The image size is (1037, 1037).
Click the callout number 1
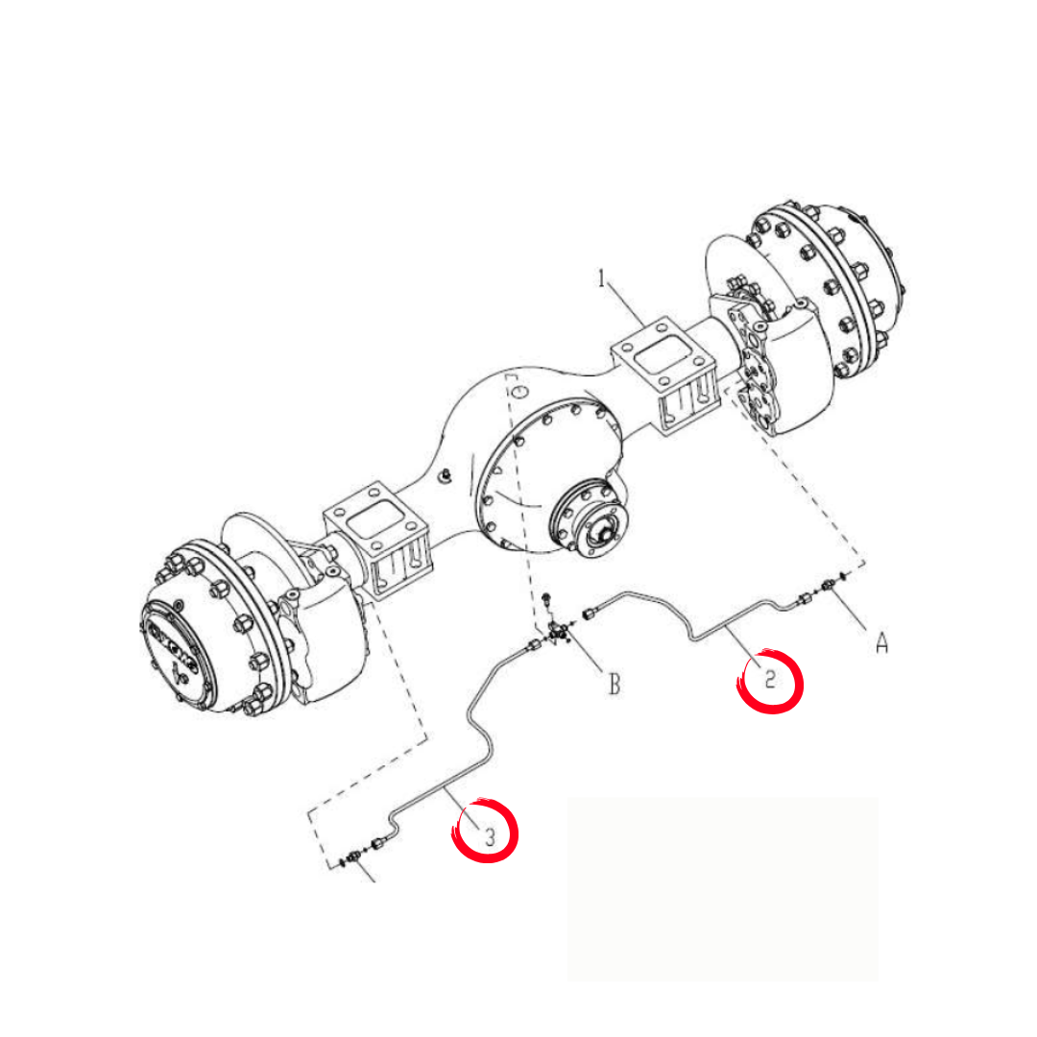pyautogui.click(x=601, y=278)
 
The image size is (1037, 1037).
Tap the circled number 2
pyautogui.click(x=770, y=679)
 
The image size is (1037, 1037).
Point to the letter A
pyautogui.click(x=881, y=642)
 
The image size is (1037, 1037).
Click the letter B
pyautogui.click(x=615, y=684)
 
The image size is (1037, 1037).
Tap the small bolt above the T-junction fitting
pyautogui.click(x=546, y=600)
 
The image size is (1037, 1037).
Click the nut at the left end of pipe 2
pyautogui.click(x=589, y=615)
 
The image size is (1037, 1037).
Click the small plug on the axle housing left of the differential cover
pyautogui.click(x=446, y=474)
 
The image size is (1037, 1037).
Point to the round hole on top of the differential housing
pyautogui.click(x=521, y=392)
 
